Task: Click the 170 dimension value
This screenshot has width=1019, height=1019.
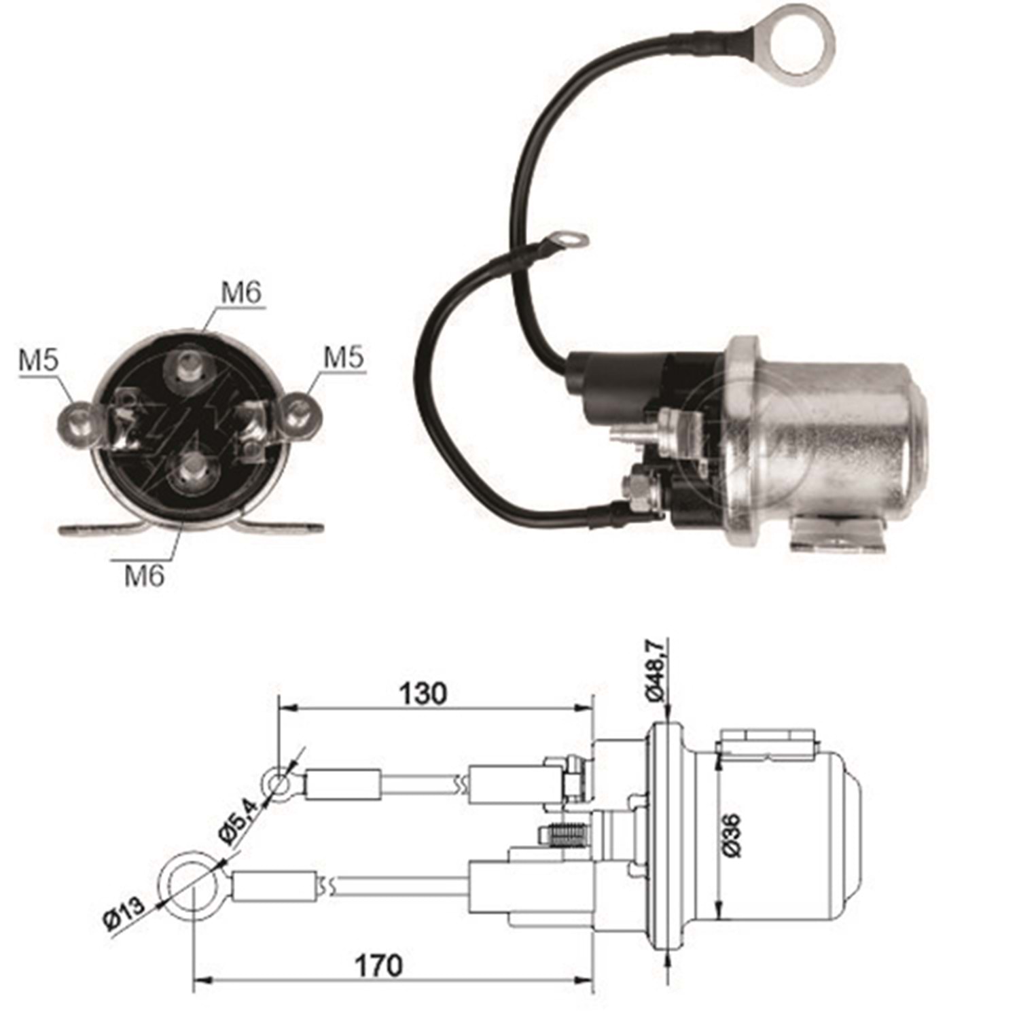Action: tap(379, 965)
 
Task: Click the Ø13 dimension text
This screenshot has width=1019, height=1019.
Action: tap(125, 914)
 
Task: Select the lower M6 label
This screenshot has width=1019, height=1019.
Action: tap(144, 575)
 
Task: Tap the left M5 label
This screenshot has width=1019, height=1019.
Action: tap(39, 360)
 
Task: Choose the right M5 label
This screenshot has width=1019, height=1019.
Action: tap(344, 357)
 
